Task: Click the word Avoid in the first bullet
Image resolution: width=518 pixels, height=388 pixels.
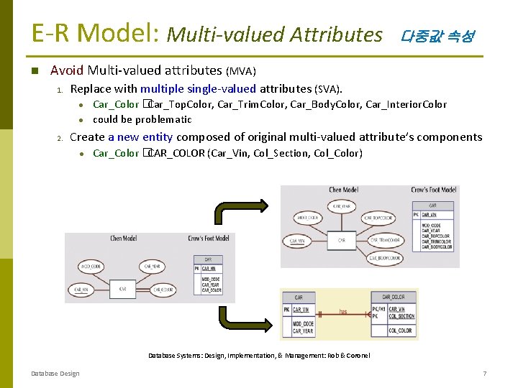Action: tap(67, 70)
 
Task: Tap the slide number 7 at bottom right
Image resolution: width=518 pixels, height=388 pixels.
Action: tap(485, 374)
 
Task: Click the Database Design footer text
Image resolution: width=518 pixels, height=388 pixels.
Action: tap(55, 374)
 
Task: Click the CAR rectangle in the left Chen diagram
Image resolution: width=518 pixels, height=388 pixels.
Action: tap(123, 290)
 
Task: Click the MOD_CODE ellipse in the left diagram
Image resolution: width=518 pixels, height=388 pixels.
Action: tap(91, 266)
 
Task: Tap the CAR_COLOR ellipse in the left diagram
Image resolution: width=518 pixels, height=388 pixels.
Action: tap(162, 290)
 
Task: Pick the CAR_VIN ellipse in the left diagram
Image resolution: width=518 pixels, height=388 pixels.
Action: tap(81, 290)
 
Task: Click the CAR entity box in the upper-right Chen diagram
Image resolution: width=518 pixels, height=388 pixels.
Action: tap(341, 240)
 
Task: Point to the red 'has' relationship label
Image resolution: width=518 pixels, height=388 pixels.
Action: tap(344, 311)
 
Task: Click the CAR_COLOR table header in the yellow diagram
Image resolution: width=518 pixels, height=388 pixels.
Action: tap(393, 296)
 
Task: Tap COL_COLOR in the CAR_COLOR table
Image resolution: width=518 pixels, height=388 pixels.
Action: tap(400, 331)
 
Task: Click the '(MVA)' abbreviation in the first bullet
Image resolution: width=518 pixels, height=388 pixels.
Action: tap(241, 71)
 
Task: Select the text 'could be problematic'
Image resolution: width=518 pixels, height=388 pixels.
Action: tap(142, 120)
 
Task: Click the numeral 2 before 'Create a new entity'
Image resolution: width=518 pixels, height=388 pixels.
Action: tap(61, 138)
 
